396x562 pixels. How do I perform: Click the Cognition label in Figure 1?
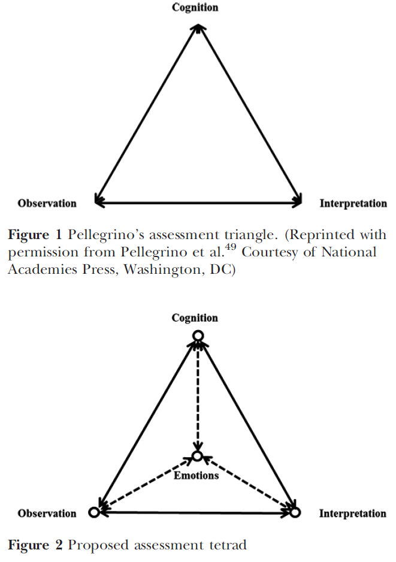click(x=195, y=8)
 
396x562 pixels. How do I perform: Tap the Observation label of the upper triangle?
click(x=47, y=203)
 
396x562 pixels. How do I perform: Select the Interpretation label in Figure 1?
click(x=353, y=203)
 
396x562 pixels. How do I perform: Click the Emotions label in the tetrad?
click(x=197, y=476)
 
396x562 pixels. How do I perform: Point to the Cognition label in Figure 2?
click(x=195, y=318)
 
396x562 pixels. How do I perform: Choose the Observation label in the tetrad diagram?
click(x=47, y=513)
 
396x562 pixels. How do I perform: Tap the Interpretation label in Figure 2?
click(x=352, y=513)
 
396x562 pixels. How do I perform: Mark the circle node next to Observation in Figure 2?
click(x=93, y=513)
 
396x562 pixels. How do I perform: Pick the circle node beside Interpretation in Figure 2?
click(x=295, y=513)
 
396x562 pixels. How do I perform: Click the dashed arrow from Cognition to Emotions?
click(x=197, y=395)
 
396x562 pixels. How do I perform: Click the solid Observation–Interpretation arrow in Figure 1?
click(x=198, y=203)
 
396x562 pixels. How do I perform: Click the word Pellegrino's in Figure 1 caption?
click(x=99, y=234)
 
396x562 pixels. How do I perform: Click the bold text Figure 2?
click(x=35, y=545)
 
